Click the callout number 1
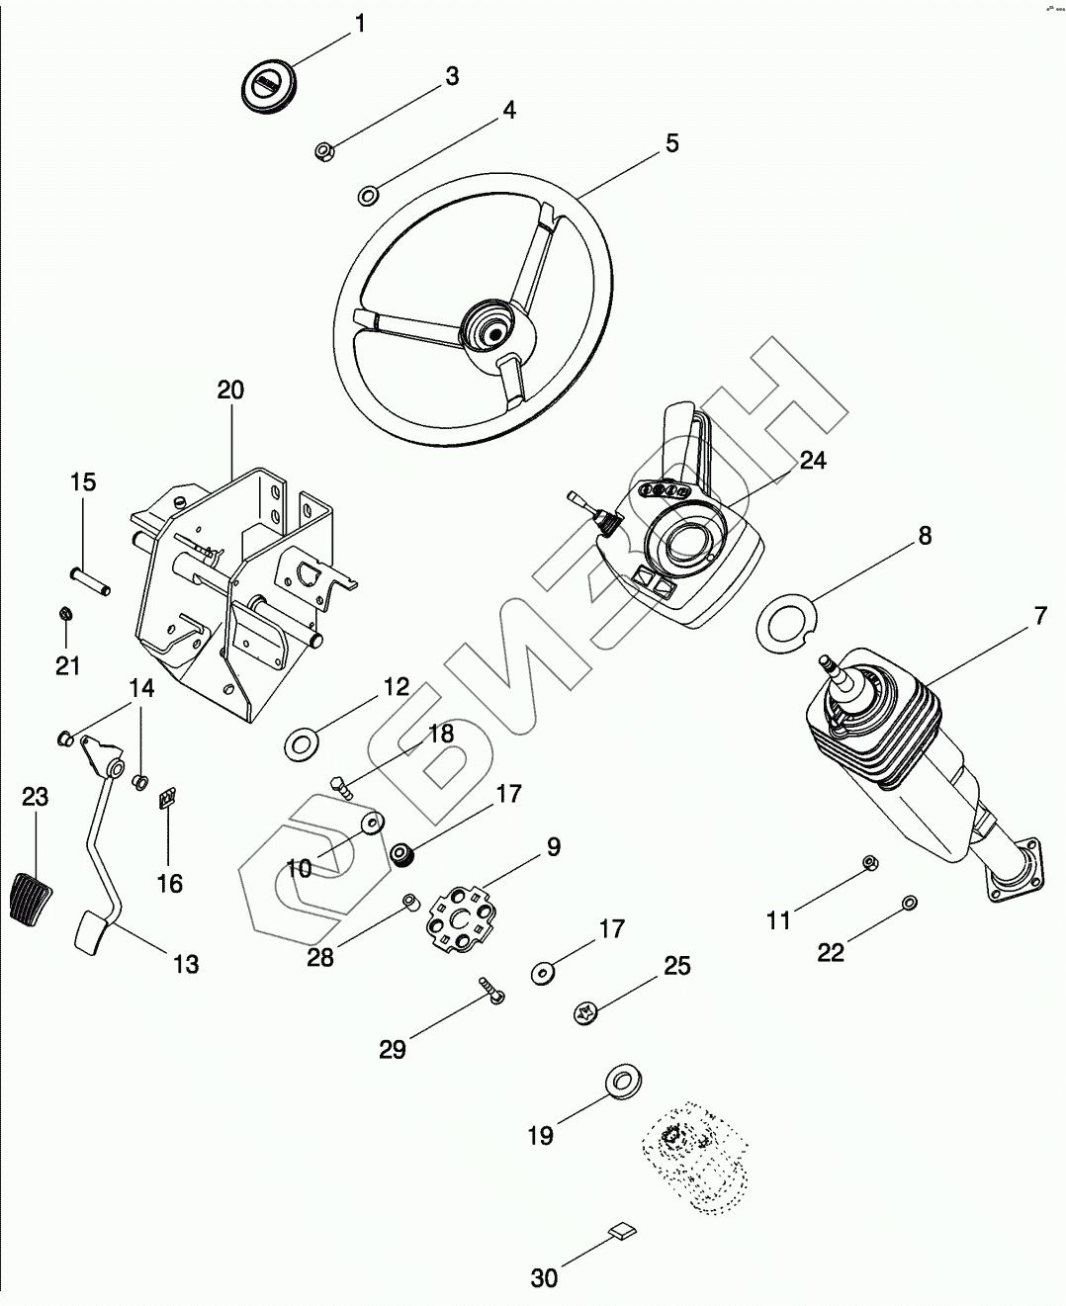360,22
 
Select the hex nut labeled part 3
322,151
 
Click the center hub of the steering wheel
486,326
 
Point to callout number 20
230,390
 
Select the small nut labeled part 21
63,614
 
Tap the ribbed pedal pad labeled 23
32,897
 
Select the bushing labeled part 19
621,1082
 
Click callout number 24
813,460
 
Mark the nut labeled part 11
869,862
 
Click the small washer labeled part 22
909,902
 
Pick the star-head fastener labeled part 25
584,1012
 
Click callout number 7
1039,616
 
